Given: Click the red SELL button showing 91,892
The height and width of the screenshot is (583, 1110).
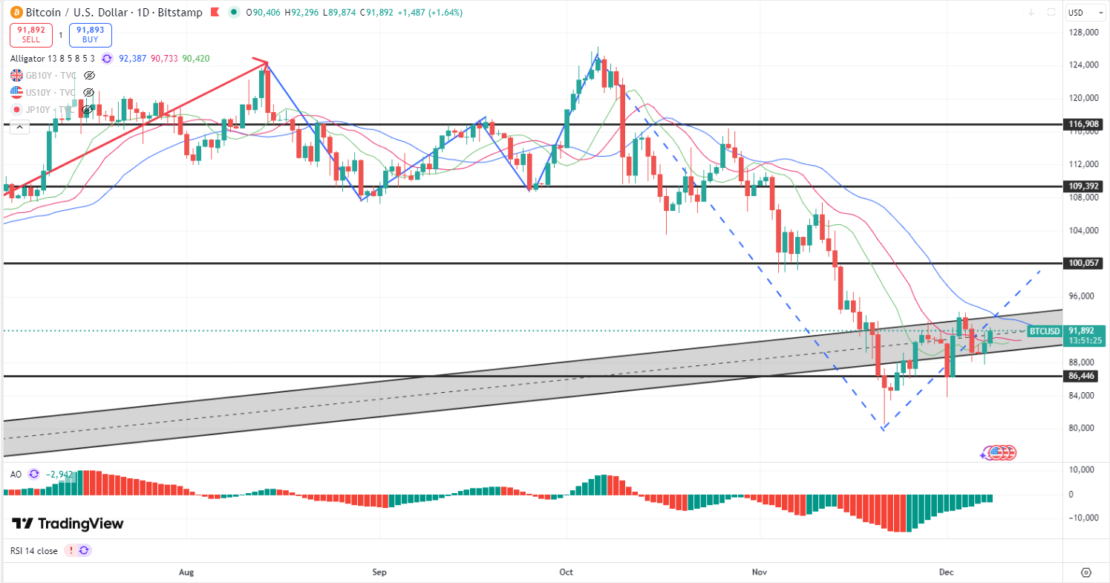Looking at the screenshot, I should pyautogui.click(x=31, y=35).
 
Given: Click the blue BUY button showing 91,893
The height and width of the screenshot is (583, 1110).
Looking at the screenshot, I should pyautogui.click(x=91, y=35).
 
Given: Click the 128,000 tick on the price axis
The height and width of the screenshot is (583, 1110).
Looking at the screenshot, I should pyautogui.click(x=1083, y=33).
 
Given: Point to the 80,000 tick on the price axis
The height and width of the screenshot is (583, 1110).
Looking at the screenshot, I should pyautogui.click(x=1083, y=428).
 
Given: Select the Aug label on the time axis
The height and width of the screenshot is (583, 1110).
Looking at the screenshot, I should pyautogui.click(x=186, y=573).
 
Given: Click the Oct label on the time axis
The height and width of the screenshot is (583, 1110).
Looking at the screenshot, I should pyautogui.click(x=566, y=573).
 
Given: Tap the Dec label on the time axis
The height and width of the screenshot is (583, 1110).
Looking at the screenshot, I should pyautogui.click(x=946, y=573).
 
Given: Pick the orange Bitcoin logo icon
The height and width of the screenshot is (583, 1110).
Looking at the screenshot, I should pyautogui.click(x=16, y=12).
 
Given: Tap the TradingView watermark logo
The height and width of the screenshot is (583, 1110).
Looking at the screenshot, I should pyautogui.click(x=68, y=524).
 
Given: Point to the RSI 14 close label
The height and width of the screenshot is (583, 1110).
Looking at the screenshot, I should pyautogui.click(x=33, y=551).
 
